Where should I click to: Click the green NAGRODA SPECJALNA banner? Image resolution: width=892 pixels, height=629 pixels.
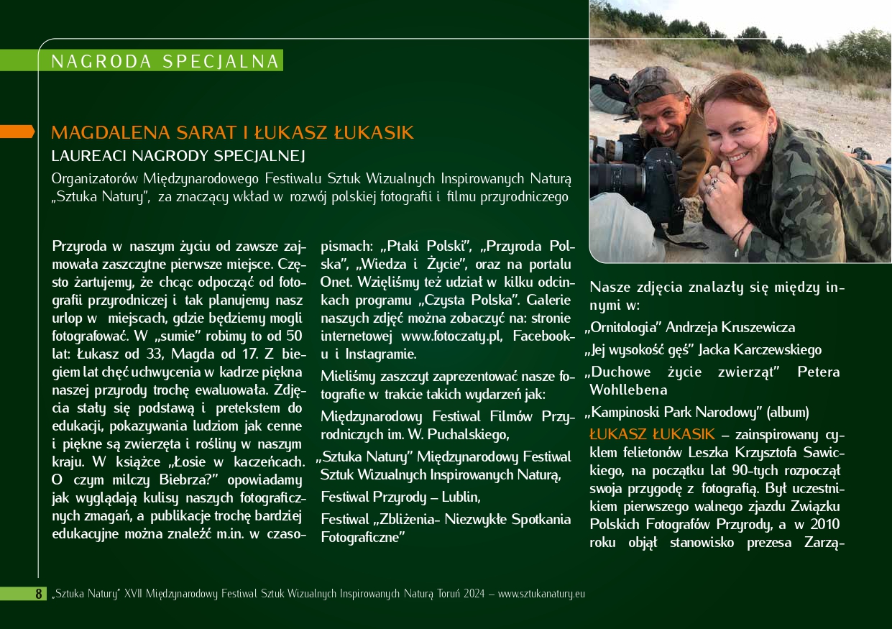(165, 61)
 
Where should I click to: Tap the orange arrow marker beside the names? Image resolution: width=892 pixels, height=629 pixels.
(17, 131)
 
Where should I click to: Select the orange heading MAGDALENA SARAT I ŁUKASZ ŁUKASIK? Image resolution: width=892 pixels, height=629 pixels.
(233, 133)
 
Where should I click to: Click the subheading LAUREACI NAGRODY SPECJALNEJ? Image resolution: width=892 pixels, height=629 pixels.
(179, 155)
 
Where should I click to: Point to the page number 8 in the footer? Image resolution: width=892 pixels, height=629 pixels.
(39, 594)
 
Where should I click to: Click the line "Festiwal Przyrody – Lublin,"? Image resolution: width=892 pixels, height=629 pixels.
(401, 497)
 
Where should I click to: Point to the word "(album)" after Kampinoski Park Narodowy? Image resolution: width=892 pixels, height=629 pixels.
(788, 413)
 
